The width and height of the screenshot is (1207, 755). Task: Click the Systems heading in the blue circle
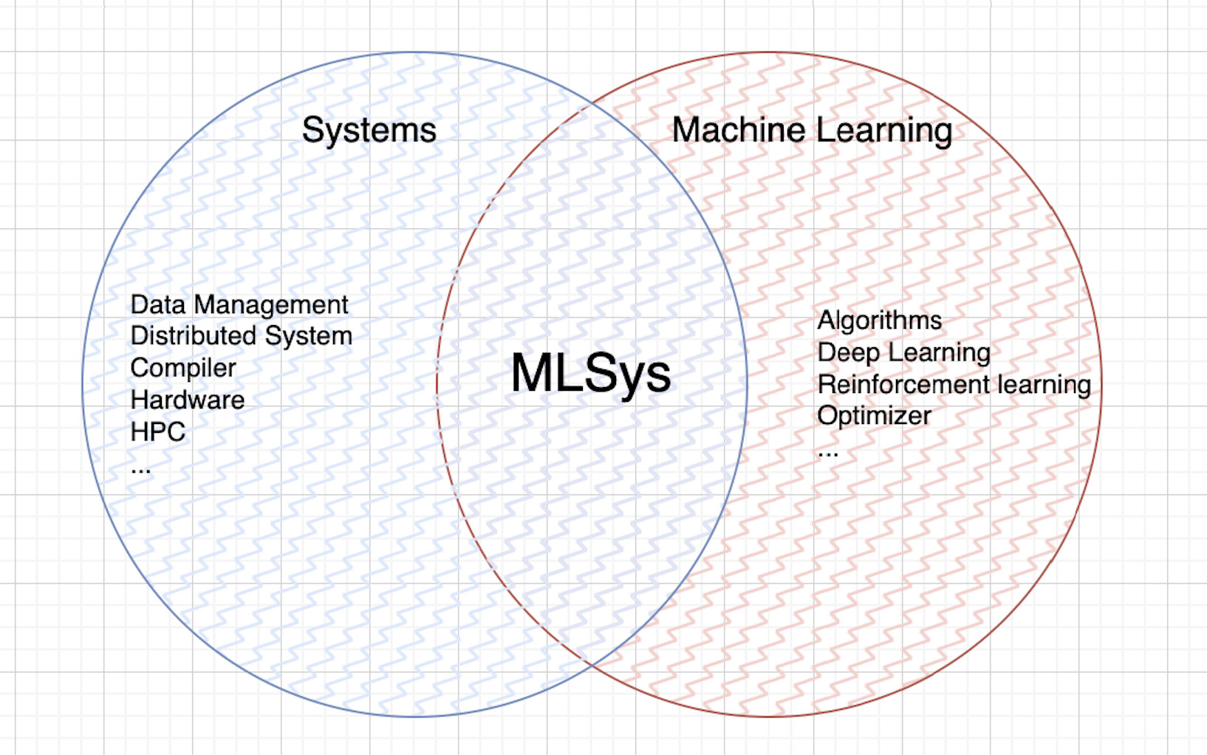(x=369, y=130)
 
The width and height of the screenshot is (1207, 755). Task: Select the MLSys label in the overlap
(x=591, y=374)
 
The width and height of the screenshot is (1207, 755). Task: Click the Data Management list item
(x=239, y=305)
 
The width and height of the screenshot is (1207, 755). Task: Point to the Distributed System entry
(x=242, y=336)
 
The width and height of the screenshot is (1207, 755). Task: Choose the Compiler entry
(x=183, y=368)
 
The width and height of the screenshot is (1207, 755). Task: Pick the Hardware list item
(x=188, y=400)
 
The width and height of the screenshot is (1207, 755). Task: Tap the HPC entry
(x=158, y=431)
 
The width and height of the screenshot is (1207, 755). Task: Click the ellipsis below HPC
(x=140, y=471)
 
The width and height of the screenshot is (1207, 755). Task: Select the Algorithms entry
(x=880, y=321)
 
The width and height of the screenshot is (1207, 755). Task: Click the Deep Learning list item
(x=904, y=353)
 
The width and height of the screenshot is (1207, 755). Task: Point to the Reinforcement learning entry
(x=954, y=385)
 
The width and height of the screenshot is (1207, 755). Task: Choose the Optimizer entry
(x=874, y=416)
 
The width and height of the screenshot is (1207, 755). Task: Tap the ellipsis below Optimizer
(x=827, y=454)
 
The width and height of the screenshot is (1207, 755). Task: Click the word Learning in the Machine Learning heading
(x=884, y=131)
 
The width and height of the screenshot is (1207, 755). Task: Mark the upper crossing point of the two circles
(x=592, y=103)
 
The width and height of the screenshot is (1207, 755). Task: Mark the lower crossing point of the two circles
(x=592, y=666)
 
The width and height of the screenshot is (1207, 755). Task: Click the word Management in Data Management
(x=271, y=306)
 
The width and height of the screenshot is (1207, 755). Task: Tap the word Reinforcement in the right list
(x=903, y=385)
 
